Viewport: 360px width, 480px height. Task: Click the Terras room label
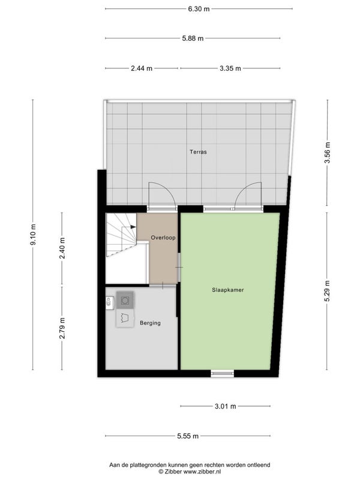[198, 152]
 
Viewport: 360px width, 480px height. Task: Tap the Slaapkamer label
[228, 290]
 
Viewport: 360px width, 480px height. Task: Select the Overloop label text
[163, 238]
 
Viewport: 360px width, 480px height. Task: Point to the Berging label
[150, 323]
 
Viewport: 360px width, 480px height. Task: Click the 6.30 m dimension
[199, 9]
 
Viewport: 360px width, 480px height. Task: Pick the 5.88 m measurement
[193, 38]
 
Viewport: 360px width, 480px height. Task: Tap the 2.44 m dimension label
[142, 68]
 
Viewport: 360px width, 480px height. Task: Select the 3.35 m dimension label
[230, 68]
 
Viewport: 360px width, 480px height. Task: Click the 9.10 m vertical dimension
[33, 235]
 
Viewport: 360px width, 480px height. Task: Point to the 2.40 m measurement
[62, 248]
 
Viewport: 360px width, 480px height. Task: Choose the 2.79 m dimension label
[62, 328]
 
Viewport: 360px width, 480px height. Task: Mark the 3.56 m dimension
[327, 153]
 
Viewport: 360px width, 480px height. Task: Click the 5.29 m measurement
[327, 291]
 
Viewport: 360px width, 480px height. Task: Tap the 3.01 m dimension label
[226, 406]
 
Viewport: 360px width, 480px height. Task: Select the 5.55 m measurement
[188, 436]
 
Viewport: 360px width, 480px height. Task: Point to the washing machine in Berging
[125, 301]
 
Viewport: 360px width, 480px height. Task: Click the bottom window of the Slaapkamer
[222, 373]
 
